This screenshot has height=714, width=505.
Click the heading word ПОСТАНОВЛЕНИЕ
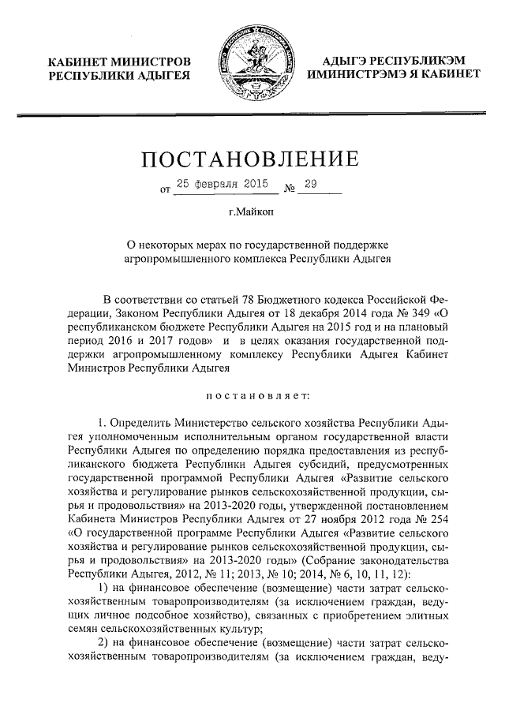252,160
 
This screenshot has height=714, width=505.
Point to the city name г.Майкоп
252,211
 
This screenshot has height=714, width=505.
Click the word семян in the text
85,629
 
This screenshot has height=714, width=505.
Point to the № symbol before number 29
289,187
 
